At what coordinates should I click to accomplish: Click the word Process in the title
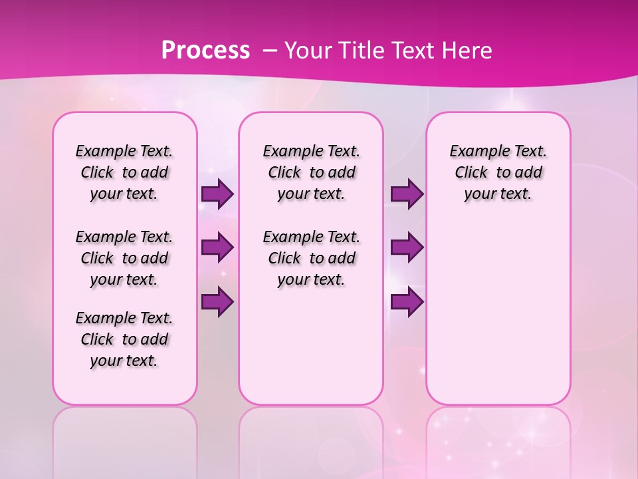205,51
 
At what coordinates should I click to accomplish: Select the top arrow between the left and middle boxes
217,194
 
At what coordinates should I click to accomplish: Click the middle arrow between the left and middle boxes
217,247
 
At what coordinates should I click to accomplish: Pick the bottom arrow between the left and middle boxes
217,302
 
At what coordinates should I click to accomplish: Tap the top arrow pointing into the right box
407,194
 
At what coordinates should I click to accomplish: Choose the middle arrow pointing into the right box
407,247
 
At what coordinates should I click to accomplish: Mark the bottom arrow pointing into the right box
407,302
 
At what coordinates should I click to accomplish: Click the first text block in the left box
124,173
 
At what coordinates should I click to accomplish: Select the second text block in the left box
124,258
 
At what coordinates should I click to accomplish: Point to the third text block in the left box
124,339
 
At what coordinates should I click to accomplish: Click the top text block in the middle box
311,173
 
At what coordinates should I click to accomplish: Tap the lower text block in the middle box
311,258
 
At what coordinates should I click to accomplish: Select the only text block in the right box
498,173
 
